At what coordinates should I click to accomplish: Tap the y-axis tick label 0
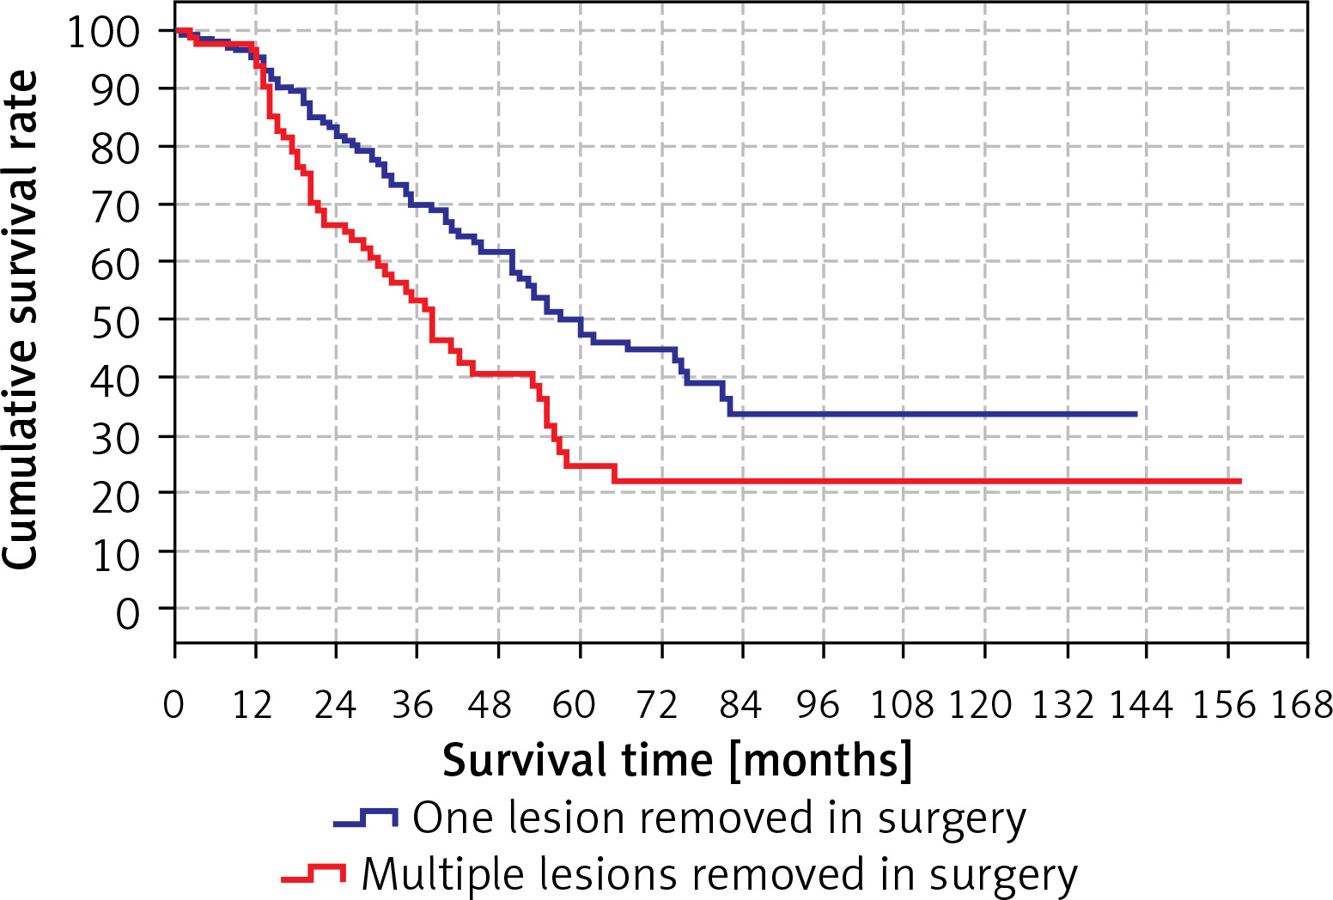[127, 614]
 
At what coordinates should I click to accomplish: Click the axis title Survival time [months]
[677, 761]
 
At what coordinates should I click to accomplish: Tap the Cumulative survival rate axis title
[21, 319]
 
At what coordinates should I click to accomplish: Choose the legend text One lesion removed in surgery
[719, 819]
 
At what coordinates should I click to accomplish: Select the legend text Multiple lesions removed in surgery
[720, 876]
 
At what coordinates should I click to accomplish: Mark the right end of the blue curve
[1135, 414]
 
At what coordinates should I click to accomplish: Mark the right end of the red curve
[1240, 481]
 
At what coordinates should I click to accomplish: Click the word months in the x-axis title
[820, 761]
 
